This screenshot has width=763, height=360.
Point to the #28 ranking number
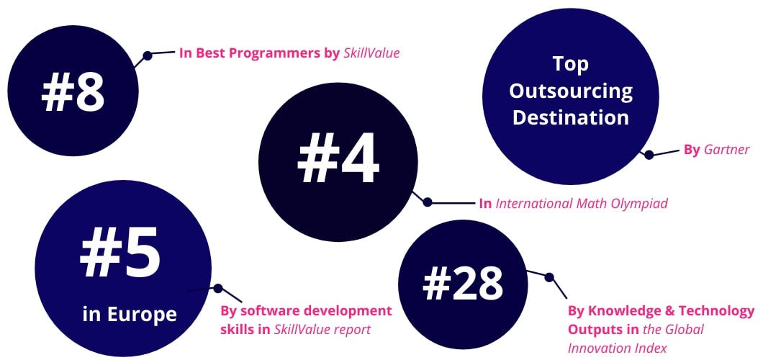click(463, 284)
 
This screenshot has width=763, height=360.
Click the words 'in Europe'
click(130, 314)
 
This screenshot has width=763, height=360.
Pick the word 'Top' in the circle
click(571, 64)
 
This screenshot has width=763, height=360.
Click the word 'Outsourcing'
click(571, 91)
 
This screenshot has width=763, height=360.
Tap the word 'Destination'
click(571, 118)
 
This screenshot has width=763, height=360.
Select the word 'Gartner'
click(727, 150)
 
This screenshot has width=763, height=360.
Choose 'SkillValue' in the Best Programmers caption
click(371, 53)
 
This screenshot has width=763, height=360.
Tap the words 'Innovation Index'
click(618, 348)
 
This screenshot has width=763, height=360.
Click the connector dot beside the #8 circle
click(148, 55)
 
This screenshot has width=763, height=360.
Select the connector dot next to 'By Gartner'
click(649, 155)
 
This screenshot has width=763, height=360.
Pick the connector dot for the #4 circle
click(428, 202)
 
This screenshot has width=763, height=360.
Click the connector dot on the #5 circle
click(218, 289)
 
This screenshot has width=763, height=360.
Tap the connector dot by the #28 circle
click(549, 277)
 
